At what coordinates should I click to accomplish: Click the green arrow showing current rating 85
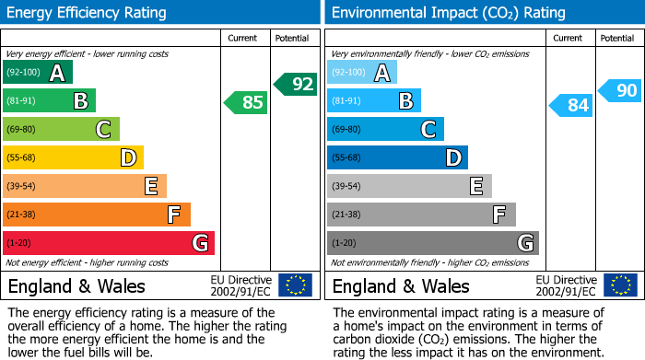coord(246,102)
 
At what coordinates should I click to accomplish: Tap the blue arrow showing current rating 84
coord(570,105)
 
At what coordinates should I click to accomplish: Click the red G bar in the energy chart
coord(108,243)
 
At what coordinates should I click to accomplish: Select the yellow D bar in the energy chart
coord(73,157)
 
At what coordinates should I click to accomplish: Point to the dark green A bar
coord(37,73)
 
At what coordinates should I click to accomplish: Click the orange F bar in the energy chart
coord(96,215)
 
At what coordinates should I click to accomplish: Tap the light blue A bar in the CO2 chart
coord(361,73)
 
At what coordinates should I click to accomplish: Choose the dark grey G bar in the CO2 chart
coord(432,243)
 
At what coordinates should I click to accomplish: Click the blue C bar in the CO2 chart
coord(385,129)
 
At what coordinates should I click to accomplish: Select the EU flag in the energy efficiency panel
coord(295,285)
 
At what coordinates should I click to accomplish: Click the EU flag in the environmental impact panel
coord(619,285)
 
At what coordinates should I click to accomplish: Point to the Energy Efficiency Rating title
coord(88,13)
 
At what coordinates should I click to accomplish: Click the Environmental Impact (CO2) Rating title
coord(448,13)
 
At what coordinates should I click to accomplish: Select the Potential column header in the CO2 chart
coord(616,38)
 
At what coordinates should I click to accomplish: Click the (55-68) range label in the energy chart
coord(22,158)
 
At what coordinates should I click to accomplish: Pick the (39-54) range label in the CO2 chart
coord(346,187)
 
